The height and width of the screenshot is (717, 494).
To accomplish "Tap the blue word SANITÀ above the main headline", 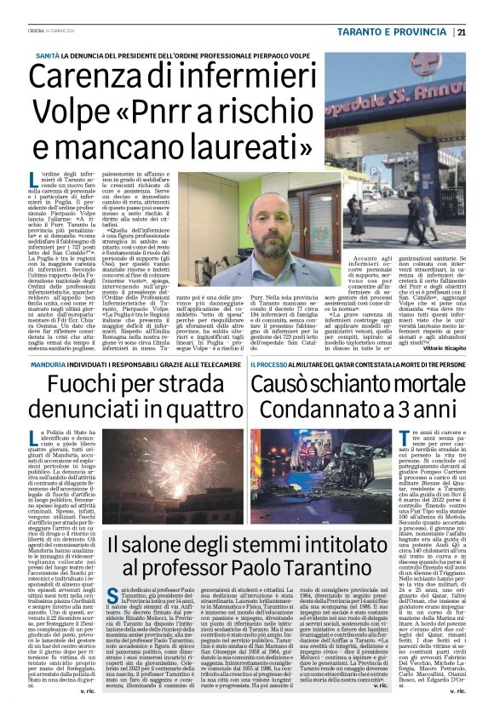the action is click(47, 54).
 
